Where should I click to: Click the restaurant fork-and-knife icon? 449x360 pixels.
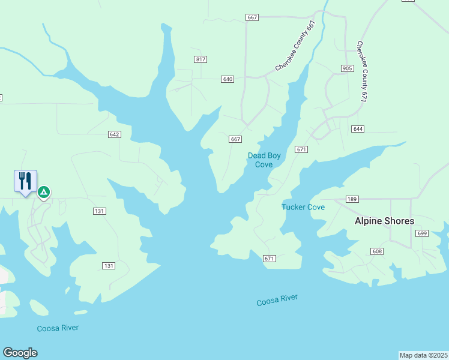[25, 181]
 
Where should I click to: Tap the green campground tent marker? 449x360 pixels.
[43, 192]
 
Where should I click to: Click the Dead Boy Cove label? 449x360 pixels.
[264, 160]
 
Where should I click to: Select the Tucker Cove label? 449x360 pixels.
[303, 207]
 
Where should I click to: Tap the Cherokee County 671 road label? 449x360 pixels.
[361, 71]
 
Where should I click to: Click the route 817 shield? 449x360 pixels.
[200, 59]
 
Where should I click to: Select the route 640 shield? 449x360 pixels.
[228, 79]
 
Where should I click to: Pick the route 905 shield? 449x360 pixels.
[347, 68]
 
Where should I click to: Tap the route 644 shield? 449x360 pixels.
[358, 129]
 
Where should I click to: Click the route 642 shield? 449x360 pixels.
[115, 134]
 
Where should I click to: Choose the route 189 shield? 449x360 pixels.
[352, 199]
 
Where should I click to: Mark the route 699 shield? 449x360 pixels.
[422, 233]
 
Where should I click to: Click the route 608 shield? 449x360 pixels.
[377, 251]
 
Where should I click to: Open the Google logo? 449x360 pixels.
[20, 353]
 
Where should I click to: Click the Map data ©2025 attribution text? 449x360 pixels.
[424, 355]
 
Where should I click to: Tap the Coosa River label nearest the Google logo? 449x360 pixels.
[58, 328]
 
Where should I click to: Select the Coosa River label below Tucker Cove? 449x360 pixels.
[277, 300]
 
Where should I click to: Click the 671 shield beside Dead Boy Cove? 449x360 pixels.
[301, 149]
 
